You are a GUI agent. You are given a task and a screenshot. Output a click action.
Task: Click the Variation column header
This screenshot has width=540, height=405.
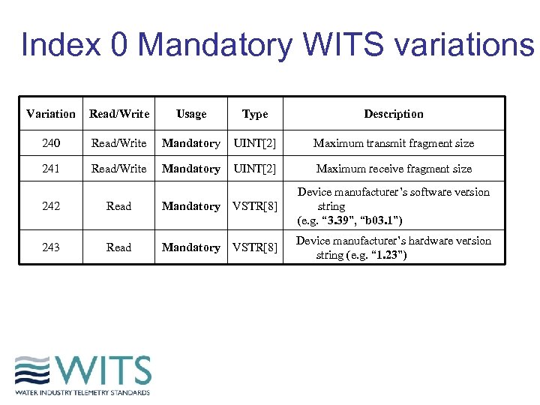pos(50,114)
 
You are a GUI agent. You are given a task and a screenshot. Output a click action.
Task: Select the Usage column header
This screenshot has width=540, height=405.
pos(191,114)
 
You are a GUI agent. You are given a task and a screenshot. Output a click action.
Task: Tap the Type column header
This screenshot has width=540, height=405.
pos(255,114)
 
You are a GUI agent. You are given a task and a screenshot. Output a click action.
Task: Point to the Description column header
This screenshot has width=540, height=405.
pos(394,114)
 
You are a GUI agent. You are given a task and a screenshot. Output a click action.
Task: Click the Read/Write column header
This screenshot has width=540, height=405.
pos(119,114)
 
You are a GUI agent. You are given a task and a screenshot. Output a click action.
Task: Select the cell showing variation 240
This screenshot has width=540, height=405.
pos(50,143)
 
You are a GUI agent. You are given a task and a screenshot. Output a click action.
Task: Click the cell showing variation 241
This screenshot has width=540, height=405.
pos(50,169)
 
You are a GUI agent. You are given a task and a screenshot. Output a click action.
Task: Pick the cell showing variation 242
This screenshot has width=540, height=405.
pos(50,206)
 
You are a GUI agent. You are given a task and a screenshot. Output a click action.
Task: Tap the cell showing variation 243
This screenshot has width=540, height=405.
pos(50,247)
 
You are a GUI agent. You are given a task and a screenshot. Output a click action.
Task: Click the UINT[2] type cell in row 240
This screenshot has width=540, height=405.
pos(255,143)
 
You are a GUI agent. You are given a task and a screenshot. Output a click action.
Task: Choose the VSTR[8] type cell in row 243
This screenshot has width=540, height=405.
pos(255,247)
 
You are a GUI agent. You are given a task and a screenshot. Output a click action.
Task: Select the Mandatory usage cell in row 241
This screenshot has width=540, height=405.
pos(191,169)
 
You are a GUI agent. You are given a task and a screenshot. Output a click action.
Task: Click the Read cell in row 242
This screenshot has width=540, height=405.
pos(119,206)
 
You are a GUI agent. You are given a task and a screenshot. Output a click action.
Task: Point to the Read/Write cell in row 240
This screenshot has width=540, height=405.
pos(119,143)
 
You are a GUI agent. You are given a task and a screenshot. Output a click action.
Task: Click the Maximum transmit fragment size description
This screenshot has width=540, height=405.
pos(394,143)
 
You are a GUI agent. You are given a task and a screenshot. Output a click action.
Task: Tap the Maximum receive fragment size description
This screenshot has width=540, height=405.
pos(394,169)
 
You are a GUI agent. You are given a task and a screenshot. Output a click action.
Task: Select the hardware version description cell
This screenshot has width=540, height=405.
pos(394,247)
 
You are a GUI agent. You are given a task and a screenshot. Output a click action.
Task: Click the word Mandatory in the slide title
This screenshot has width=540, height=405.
pos(214,46)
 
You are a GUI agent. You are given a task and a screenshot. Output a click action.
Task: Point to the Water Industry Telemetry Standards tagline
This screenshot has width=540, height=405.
pos(82,392)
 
